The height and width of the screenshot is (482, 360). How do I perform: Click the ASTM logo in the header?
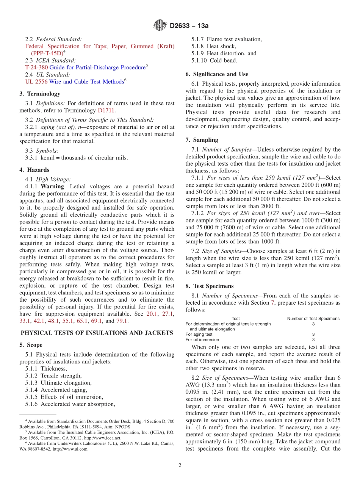point(160,25)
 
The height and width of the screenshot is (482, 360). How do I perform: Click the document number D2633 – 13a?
point(189,26)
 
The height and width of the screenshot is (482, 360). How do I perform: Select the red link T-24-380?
point(36,67)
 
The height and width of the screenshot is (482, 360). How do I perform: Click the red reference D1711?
point(106,110)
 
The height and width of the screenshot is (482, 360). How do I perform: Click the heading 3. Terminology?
point(40,94)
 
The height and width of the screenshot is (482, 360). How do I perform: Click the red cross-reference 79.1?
point(122,321)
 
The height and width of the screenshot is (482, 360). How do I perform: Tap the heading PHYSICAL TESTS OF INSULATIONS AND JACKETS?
point(97,333)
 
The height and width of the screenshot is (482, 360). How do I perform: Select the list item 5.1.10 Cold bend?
point(214,60)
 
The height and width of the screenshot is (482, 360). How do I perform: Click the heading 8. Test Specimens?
point(210,286)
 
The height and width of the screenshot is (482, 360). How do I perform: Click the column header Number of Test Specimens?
point(313,319)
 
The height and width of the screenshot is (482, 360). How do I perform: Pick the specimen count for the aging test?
point(313,335)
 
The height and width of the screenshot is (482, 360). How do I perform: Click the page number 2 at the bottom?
point(180,465)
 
